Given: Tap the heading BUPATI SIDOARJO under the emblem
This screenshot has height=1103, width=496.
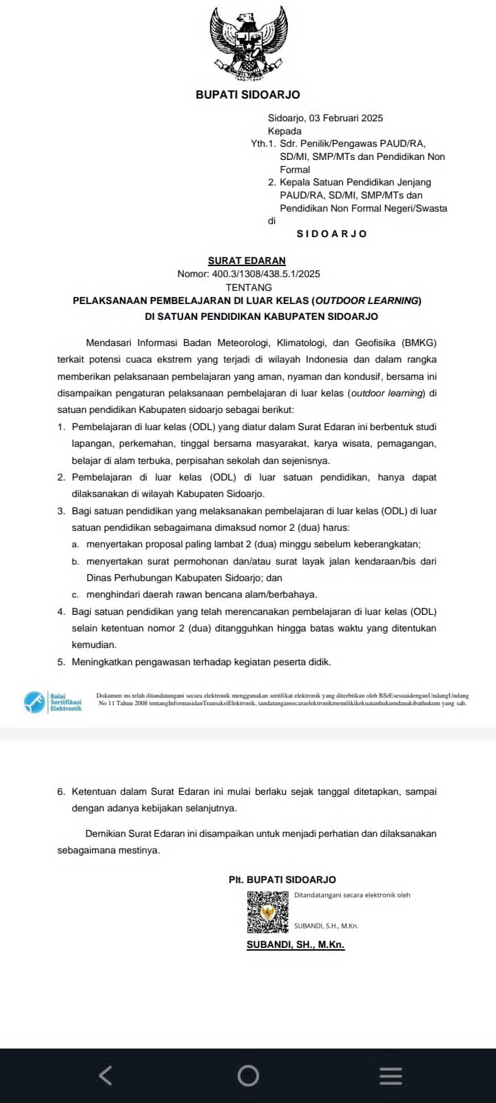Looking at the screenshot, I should click(x=248, y=94).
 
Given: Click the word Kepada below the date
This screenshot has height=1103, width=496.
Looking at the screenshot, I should click(x=285, y=131).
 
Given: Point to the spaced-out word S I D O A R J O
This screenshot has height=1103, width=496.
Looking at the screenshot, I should click(x=331, y=234).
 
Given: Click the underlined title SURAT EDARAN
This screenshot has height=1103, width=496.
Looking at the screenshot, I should click(x=247, y=261).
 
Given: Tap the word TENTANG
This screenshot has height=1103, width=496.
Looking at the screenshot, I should click(x=249, y=287).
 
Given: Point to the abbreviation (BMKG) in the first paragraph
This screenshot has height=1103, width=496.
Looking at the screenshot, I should click(x=420, y=343).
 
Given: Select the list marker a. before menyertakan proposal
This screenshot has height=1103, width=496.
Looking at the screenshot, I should click(x=74, y=545).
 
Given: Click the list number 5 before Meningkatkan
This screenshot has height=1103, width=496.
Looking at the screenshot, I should click(x=61, y=662).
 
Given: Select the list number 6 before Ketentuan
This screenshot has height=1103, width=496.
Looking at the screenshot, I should click(x=61, y=791).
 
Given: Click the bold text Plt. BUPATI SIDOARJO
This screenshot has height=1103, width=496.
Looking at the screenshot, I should click(x=282, y=880).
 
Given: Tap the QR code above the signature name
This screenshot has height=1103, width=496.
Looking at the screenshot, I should click(x=268, y=912).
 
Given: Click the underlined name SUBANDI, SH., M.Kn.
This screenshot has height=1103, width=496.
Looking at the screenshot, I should click(x=296, y=944).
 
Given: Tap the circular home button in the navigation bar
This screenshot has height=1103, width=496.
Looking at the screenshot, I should click(x=248, y=1075).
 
